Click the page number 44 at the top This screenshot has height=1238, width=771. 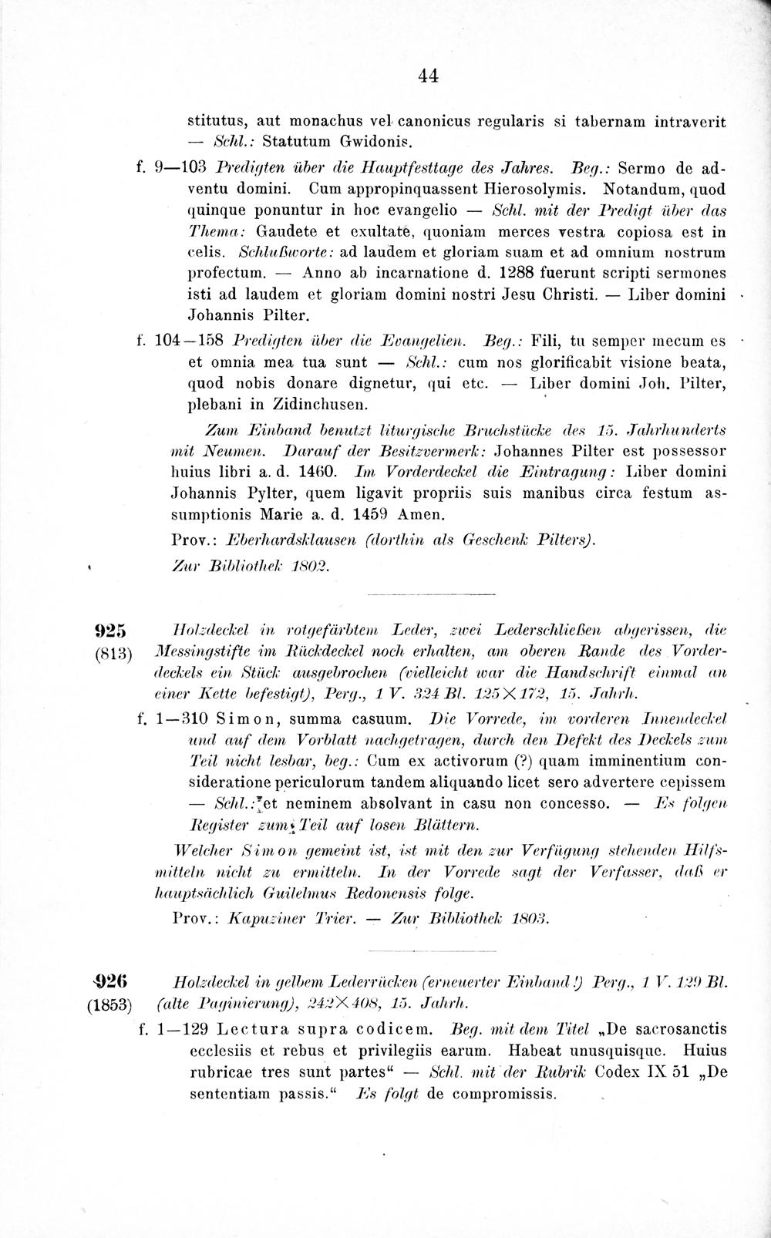point(427,76)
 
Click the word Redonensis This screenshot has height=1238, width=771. point(403,893)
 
